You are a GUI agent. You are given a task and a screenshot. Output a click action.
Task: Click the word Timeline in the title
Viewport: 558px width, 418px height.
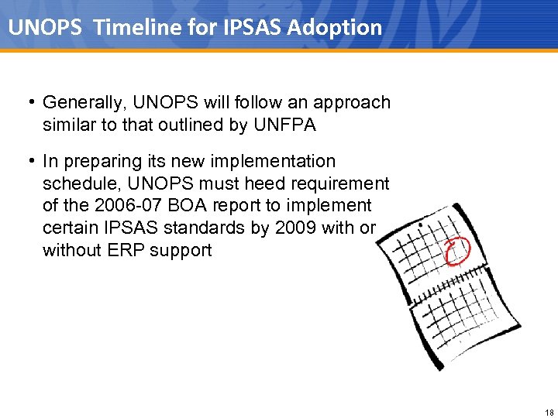(133, 28)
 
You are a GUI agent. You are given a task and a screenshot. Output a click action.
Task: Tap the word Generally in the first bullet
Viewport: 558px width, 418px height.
(83, 103)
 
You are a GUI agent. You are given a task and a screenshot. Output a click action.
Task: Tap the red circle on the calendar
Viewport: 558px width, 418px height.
(457, 249)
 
